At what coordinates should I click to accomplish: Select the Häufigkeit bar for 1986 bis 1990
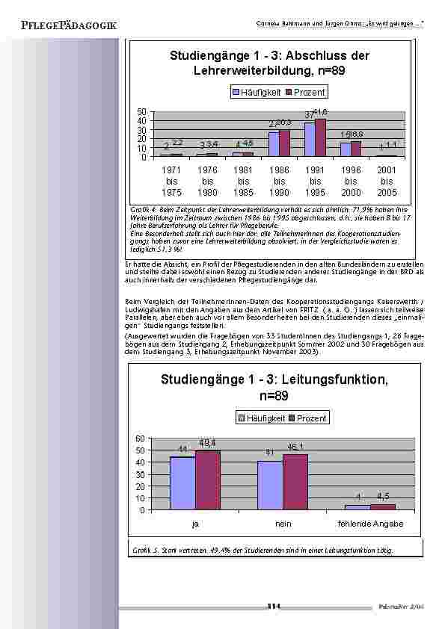(274, 144)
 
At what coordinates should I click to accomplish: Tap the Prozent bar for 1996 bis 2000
(356, 149)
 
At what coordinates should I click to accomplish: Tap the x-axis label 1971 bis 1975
(172, 182)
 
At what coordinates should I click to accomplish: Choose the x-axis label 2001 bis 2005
(386, 182)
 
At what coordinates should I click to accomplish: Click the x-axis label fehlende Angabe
(371, 524)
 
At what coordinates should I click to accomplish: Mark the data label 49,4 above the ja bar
(208, 444)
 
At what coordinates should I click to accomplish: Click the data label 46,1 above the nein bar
(295, 447)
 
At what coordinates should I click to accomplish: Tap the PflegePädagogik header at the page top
(70, 26)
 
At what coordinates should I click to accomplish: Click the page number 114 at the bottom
(273, 606)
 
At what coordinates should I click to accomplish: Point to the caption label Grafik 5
(143, 551)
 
